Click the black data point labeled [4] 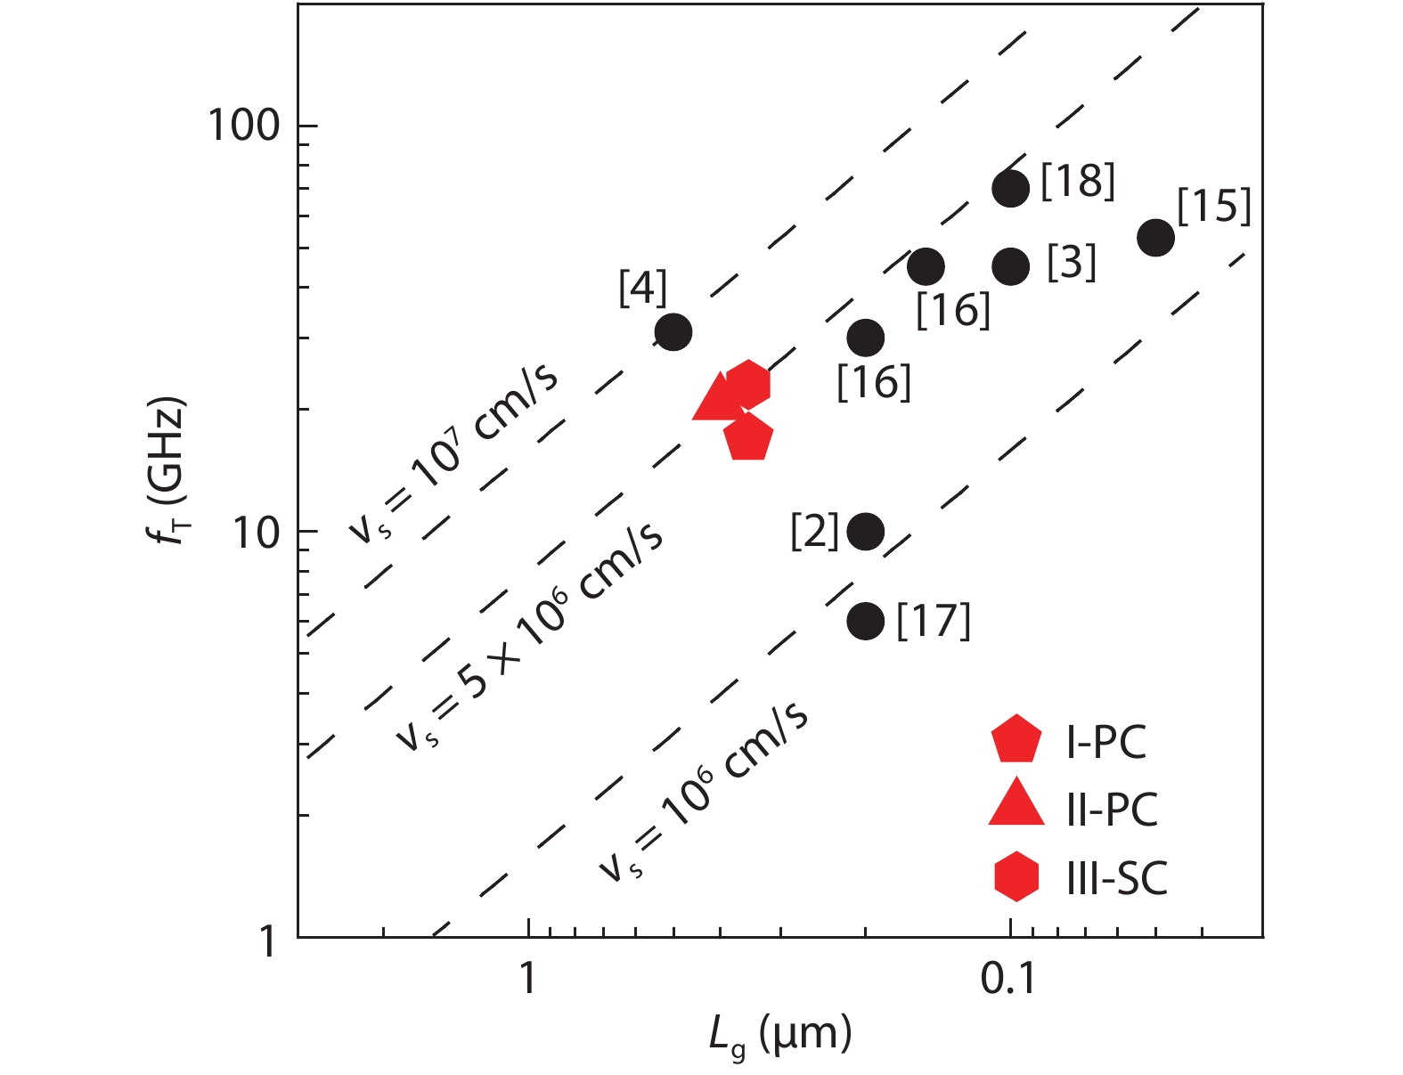(673, 332)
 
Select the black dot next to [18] (1011, 188)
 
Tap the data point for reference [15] (1155, 238)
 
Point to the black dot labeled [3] (1011, 266)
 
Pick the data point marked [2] (866, 532)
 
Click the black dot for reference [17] (866, 621)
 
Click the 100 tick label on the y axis (243, 126)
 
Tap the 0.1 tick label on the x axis (1008, 979)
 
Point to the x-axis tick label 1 (528, 979)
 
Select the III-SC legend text (1117, 878)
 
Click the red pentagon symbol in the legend (1016, 740)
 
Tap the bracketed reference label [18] (1078, 181)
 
